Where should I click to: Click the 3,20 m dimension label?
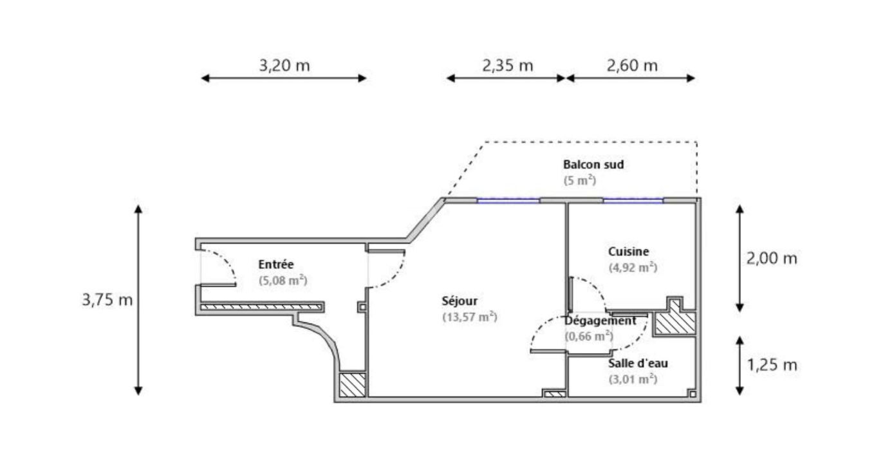coord(284,65)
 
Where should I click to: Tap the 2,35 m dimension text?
coord(508,65)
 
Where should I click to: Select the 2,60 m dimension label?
coord(632,65)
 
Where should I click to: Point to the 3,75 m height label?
coord(107,300)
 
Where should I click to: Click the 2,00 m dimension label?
coord(772,259)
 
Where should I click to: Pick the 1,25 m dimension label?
coord(772,365)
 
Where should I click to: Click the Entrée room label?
coord(275,264)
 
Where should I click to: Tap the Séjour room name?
coord(460,301)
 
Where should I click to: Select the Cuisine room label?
coord(628,252)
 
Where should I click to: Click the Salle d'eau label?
coord(638,364)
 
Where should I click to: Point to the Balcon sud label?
coord(593,164)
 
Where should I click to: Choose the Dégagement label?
coord(600,320)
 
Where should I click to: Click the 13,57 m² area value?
coord(469,317)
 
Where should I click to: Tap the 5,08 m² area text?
coord(283,281)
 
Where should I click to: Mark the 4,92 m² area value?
coord(633,268)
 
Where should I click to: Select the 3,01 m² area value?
coord(633,379)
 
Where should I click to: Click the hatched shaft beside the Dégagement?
coord(674,322)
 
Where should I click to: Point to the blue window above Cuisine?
coord(633,201)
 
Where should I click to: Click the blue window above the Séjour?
coord(508,201)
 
